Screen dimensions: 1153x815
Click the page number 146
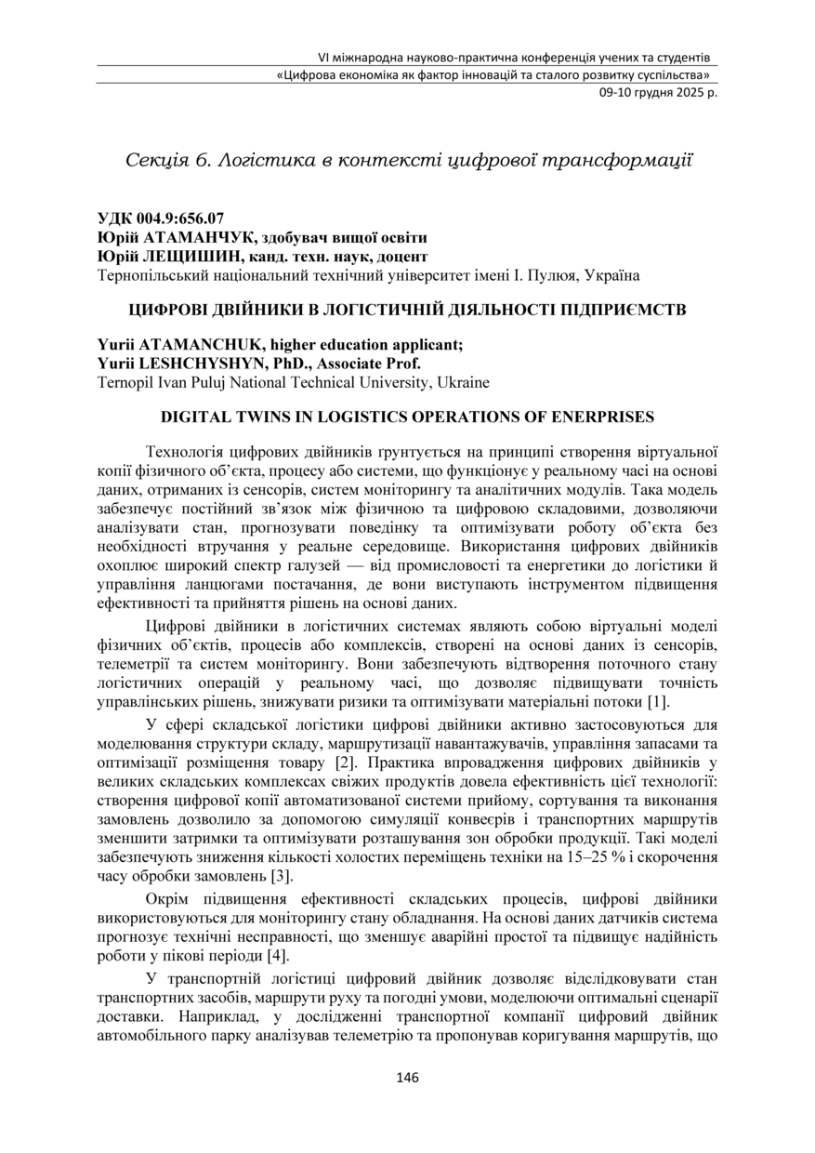click(x=407, y=1078)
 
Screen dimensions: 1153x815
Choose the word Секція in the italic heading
click(x=156, y=161)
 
